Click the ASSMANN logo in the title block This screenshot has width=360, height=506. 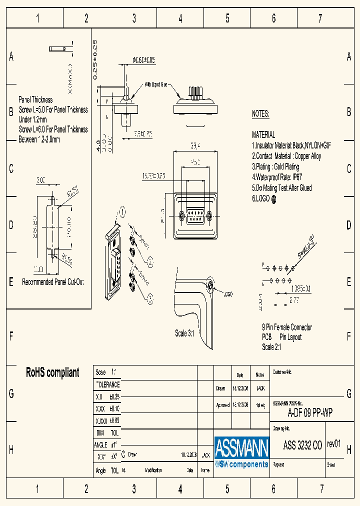(x=241, y=452)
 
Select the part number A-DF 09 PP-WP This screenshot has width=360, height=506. (x=310, y=413)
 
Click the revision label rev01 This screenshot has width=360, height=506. (x=333, y=444)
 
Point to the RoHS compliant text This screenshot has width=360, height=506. (x=52, y=372)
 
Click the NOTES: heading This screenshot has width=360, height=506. (x=260, y=114)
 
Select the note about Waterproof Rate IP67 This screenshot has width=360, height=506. (x=277, y=177)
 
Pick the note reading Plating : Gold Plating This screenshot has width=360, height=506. (x=275, y=166)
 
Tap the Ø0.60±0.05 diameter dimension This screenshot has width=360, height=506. (x=143, y=60)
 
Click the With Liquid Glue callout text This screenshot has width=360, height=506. (x=156, y=85)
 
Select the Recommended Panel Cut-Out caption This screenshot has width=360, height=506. (x=52, y=282)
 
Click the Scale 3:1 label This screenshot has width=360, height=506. (x=187, y=333)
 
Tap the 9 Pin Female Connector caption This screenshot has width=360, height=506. (x=286, y=327)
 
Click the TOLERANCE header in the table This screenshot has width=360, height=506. (x=107, y=384)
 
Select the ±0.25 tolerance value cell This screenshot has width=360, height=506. (x=114, y=396)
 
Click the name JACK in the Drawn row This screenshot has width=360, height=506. (x=260, y=388)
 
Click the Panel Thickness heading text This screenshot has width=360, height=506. (x=35, y=100)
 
